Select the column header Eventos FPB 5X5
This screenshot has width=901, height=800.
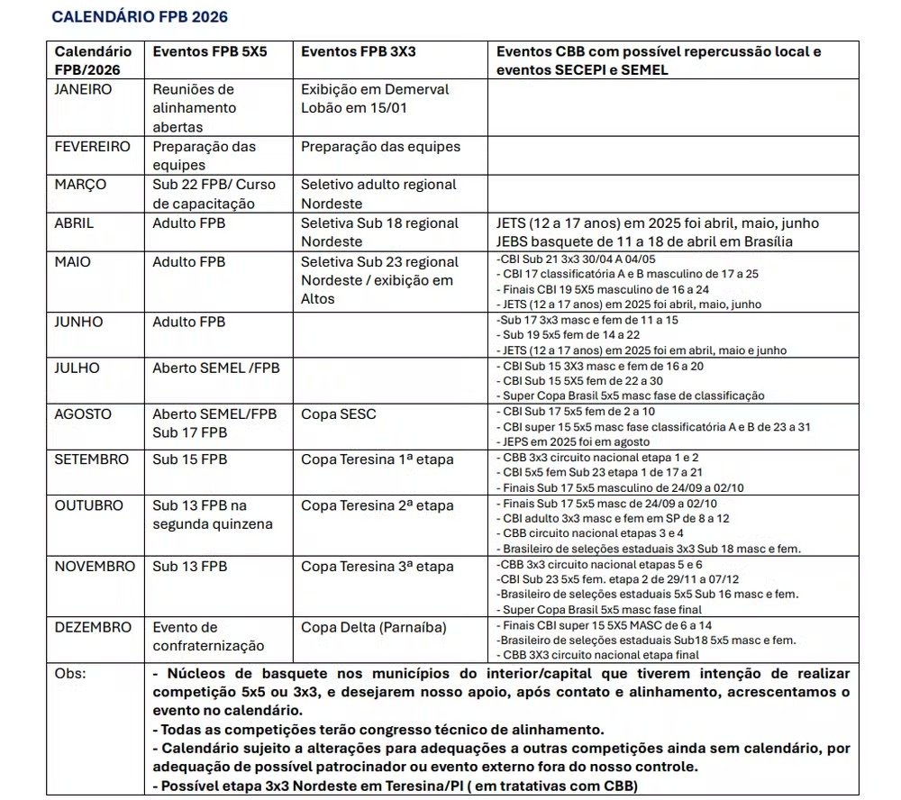(x=210, y=51)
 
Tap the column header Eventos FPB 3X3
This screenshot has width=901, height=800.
(x=358, y=51)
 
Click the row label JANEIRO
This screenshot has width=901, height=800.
(x=83, y=89)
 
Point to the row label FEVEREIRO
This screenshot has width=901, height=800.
(x=92, y=146)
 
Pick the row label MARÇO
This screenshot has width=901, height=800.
(x=80, y=185)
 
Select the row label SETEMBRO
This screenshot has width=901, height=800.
(x=92, y=459)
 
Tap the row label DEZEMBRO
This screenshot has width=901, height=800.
(x=93, y=627)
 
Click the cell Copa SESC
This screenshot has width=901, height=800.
(x=339, y=414)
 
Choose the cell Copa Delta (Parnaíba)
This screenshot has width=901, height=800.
(x=373, y=627)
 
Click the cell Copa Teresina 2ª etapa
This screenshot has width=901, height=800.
(x=378, y=505)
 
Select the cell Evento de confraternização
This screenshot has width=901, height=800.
(x=208, y=636)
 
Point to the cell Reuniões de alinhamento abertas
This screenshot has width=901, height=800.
(x=194, y=108)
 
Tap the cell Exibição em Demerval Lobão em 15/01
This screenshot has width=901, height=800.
(x=374, y=98)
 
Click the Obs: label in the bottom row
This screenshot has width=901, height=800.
(x=71, y=673)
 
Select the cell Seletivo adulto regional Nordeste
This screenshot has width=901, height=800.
(x=378, y=194)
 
